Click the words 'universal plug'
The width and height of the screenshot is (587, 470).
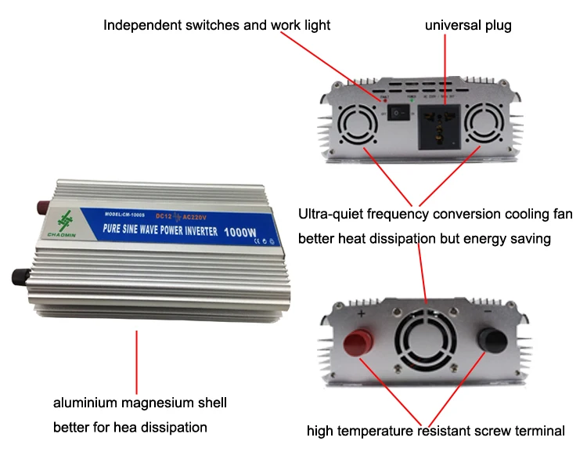(468, 26)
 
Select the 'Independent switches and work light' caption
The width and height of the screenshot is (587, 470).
(217, 26)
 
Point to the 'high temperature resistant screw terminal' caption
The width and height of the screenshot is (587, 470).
(435, 431)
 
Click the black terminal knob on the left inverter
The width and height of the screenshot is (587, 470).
(20, 276)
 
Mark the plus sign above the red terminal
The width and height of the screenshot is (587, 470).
(362, 313)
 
